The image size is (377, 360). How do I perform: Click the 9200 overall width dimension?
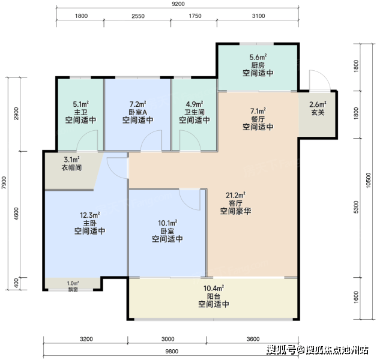(178, 4)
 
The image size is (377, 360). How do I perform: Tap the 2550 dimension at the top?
(138, 16)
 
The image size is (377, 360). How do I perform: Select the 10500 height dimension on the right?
(368, 180)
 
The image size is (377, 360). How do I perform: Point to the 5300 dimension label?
(356, 207)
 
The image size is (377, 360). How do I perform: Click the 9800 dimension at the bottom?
(172, 352)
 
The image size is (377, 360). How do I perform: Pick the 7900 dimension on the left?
(4, 182)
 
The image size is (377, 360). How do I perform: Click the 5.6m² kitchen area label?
(258, 57)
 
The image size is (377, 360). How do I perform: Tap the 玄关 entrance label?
(318, 112)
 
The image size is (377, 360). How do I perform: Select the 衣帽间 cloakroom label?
(71, 167)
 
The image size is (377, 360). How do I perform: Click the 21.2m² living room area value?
(235, 195)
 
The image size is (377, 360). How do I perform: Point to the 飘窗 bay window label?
(73, 289)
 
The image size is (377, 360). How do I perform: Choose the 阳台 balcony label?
(214, 296)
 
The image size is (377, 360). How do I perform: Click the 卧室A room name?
(137, 112)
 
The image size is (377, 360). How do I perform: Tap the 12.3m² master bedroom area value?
(90, 215)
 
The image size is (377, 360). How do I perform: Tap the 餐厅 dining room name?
(258, 119)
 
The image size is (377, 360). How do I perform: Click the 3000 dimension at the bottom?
(168, 339)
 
